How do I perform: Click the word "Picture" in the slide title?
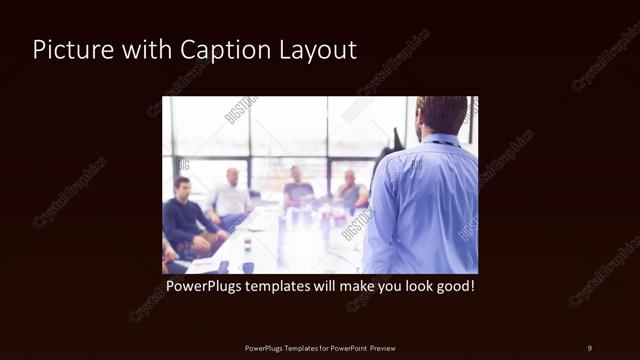point(65,50)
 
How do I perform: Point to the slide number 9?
point(589,347)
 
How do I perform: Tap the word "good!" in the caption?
point(453,286)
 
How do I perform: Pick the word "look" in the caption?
point(412,286)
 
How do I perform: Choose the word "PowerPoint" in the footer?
point(346,348)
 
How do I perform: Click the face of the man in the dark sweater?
point(182,187)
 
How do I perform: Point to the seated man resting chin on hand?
point(350,190)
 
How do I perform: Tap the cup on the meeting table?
point(247,243)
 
